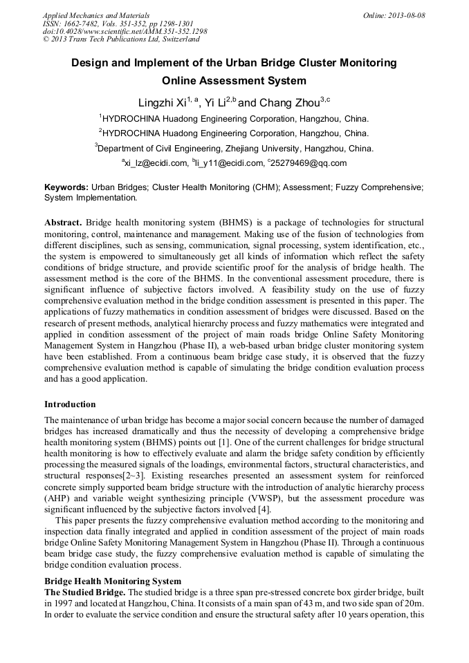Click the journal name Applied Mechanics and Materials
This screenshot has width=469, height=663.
pos(96,15)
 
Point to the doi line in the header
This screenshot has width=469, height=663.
pos(125,32)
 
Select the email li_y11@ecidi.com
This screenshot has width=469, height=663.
pos(228,163)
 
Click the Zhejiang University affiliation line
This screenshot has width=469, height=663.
pos(234,148)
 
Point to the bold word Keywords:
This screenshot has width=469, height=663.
pos(66,187)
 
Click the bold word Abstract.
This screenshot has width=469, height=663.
pos(63,223)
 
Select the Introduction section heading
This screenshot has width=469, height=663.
pos(70,404)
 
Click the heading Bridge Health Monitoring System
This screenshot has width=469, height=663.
pos(113,581)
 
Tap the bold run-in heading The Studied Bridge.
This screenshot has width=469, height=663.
pos(85,592)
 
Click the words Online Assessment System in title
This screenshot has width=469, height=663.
pos(234,81)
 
